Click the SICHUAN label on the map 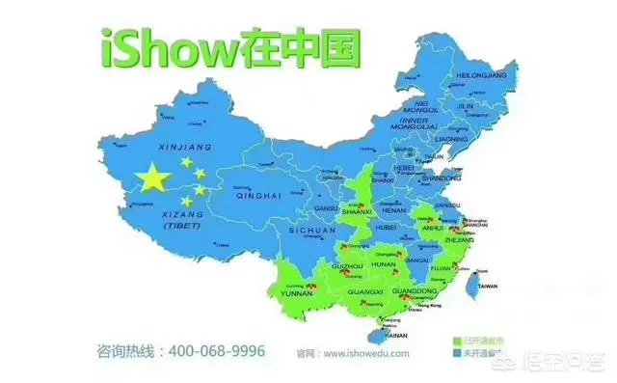(x=312, y=232)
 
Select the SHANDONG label (x=442, y=178)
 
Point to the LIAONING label (x=450, y=139)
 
